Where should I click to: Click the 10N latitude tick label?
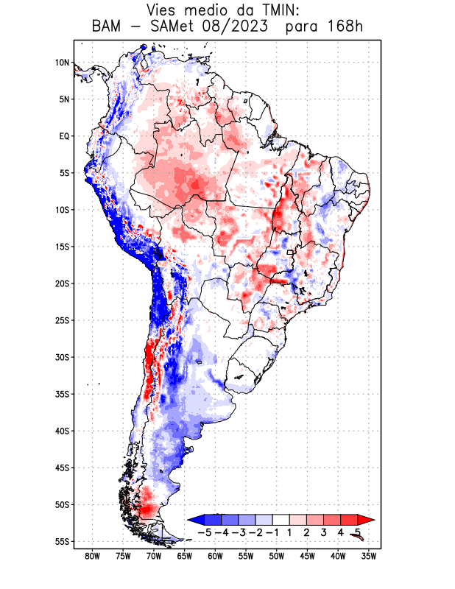pyautogui.click(x=62, y=63)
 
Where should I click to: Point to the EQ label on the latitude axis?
pyautogui.click(x=64, y=136)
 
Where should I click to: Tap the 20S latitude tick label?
pyautogui.click(x=62, y=283)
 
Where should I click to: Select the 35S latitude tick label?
pyautogui.click(x=62, y=394)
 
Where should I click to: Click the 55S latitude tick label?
pyautogui.click(x=62, y=542)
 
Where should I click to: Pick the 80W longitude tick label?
pyautogui.click(x=92, y=556)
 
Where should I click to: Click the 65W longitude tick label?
pyautogui.click(x=184, y=556)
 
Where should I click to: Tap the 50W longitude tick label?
pyautogui.click(x=276, y=556)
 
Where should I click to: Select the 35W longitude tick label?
pyautogui.click(x=369, y=556)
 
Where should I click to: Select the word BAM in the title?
pyautogui.click(x=110, y=27)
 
